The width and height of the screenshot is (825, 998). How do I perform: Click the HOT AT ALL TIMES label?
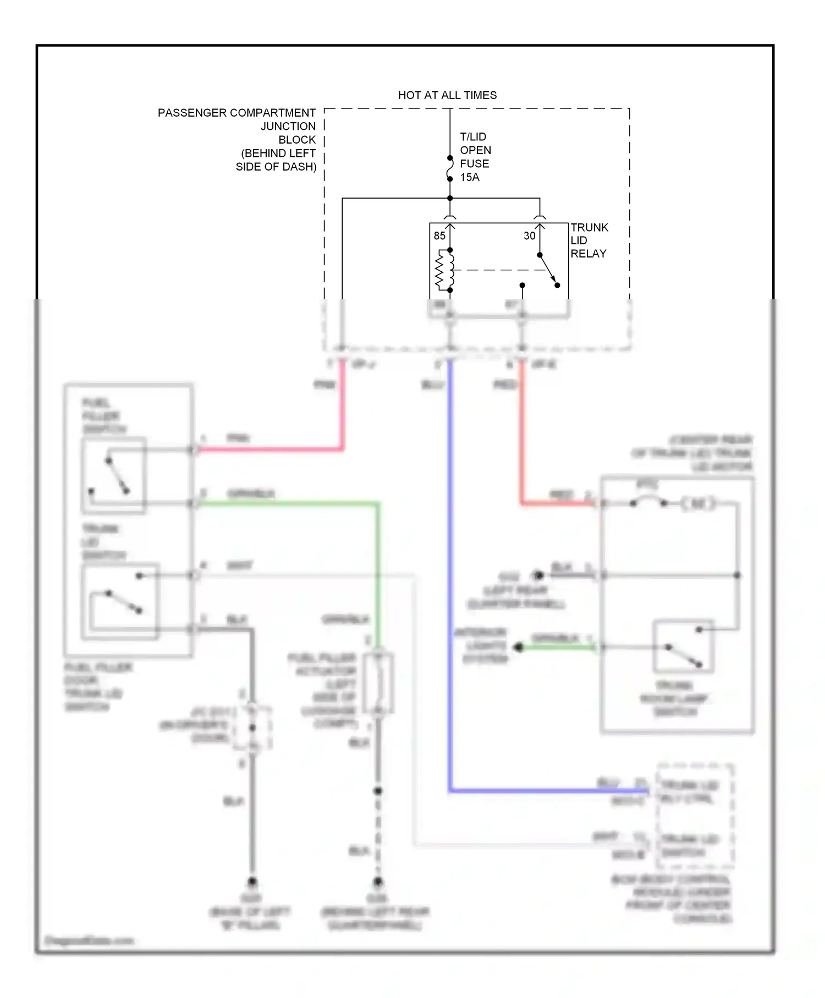(447, 95)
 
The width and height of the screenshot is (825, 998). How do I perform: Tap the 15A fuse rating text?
(470, 177)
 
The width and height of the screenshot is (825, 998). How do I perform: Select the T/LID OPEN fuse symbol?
(450, 168)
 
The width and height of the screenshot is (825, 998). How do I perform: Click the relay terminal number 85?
(439, 236)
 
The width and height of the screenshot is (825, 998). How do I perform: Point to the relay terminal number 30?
(529, 236)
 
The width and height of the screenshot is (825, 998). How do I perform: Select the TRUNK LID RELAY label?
(588, 240)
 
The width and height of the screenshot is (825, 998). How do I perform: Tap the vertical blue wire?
(450, 578)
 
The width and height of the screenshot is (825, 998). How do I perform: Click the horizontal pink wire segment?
(269, 449)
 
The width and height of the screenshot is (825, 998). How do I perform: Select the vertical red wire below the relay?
(521, 429)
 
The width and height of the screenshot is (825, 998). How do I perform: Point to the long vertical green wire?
(378, 572)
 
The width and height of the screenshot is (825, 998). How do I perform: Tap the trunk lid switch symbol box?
(120, 602)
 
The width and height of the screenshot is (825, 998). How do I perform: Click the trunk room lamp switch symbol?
(683, 647)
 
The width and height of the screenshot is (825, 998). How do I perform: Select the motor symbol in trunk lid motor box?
(698, 503)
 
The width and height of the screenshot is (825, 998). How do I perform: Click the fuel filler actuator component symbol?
(378, 683)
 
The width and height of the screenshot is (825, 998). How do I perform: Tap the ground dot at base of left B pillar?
(252, 881)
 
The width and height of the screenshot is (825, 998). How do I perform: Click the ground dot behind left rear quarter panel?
(378, 881)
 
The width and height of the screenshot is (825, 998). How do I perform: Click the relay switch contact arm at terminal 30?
(548, 270)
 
